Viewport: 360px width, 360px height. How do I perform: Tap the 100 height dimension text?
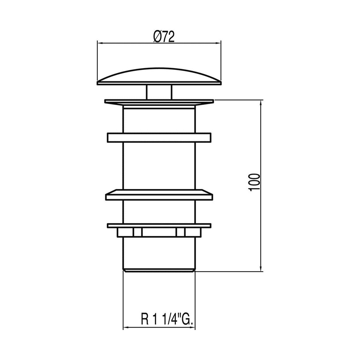coord(254,182)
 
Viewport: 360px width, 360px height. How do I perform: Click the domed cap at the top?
coord(159,77)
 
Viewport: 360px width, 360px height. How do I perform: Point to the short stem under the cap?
coord(159,92)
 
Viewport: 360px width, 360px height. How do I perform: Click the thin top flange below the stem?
coord(159,102)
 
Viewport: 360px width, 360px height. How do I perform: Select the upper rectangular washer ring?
coord(159,138)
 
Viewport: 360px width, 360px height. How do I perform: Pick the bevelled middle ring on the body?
coord(159,195)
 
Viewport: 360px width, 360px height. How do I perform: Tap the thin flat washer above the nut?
coord(159,226)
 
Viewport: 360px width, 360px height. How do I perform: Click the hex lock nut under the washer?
coord(159,232)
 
